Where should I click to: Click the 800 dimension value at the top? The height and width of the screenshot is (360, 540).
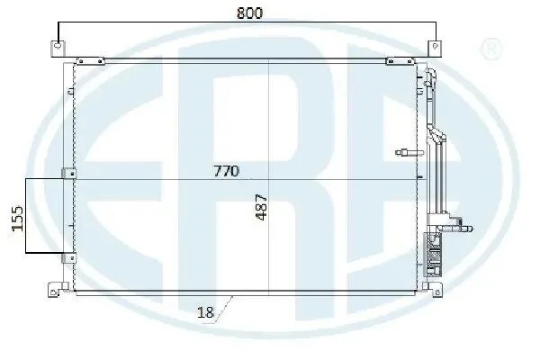coord(249,13)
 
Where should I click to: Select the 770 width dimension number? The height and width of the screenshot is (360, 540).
coord(226,171)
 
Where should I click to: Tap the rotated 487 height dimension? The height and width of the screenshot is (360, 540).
coord(261,207)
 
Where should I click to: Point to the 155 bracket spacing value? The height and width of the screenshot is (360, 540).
coord(17,218)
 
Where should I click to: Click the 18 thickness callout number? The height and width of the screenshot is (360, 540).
coord(205,313)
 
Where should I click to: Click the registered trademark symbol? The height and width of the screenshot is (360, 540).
coord(491,49)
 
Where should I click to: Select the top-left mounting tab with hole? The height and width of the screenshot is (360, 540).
coord(58,49)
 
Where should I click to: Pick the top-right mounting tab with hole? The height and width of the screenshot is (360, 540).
coord(435,49)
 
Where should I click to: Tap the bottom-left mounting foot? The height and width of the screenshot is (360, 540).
coord(56,290)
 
